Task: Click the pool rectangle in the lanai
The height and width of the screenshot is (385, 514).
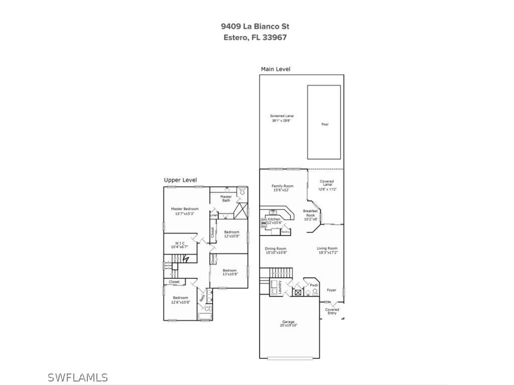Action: tap(324, 120)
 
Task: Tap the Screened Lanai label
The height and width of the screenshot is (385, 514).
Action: tap(281, 118)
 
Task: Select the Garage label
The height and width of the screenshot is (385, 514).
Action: tap(288, 323)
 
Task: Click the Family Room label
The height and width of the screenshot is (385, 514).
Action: tap(283, 188)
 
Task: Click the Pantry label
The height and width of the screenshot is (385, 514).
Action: tap(285, 232)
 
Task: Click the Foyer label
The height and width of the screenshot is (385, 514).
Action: tap(331, 290)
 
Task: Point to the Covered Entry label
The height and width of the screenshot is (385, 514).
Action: tap(332, 311)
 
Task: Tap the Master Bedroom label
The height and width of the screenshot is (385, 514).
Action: tap(185, 211)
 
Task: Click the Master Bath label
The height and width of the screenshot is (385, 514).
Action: tap(226, 199)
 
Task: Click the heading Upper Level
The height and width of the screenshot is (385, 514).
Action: tap(180, 180)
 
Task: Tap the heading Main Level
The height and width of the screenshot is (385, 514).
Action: tap(275, 69)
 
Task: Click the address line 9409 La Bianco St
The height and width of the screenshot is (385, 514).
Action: tap(255, 27)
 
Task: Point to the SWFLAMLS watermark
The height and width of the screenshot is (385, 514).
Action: tap(78, 377)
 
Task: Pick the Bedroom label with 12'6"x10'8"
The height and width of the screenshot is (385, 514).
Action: tap(181, 300)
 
